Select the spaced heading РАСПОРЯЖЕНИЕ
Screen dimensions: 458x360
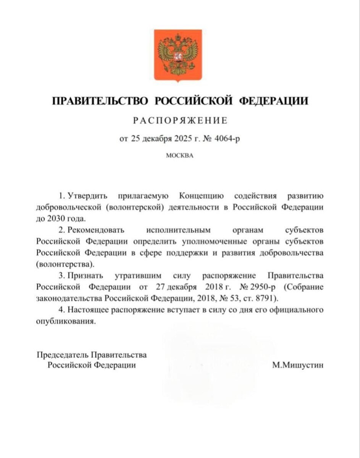pyautogui.click(x=180, y=121)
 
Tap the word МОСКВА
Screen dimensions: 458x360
pyautogui.click(x=180, y=156)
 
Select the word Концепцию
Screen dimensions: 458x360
pyautogui.click(x=200, y=196)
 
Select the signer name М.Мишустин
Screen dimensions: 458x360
pyautogui.click(x=298, y=365)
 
